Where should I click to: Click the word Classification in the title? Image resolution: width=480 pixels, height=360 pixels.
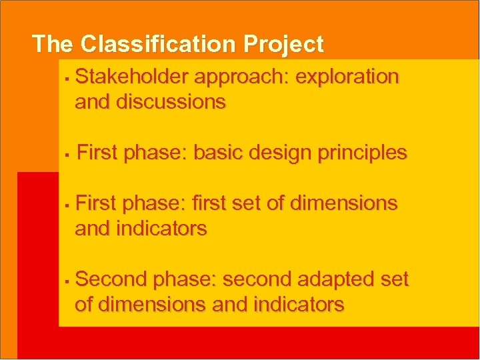click(159, 44)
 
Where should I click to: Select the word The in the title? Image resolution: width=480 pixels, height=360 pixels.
click(53, 44)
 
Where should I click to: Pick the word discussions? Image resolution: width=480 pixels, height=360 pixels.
click(171, 103)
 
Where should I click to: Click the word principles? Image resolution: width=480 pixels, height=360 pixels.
click(362, 153)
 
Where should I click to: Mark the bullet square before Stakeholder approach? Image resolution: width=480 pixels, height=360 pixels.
click(67, 79)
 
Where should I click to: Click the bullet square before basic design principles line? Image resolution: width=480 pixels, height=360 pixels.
click(67, 155)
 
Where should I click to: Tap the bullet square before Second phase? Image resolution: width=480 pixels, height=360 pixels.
click(67, 281)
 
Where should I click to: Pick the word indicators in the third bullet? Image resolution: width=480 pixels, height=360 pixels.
click(161, 229)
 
